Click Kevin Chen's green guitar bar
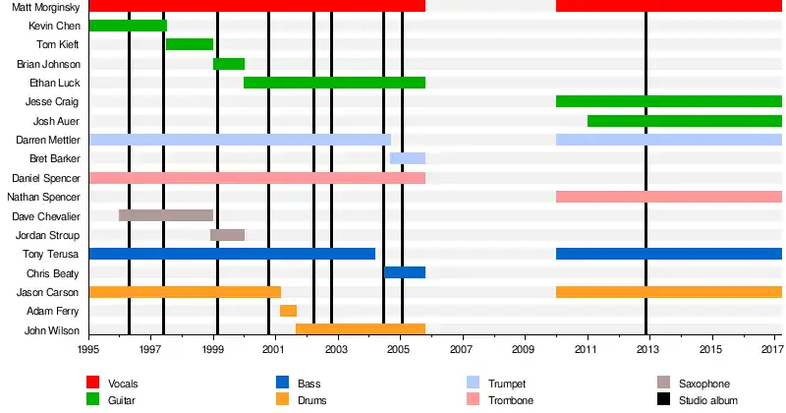(x=128, y=26)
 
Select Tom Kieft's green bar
(x=190, y=44)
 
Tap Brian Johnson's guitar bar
(x=229, y=64)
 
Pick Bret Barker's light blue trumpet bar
(x=408, y=158)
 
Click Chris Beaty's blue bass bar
(x=405, y=272)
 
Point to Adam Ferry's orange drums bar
(x=288, y=311)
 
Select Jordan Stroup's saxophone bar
(x=227, y=235)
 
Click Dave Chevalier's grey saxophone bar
(x=166, y=215)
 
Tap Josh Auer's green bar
(x=685, y=121)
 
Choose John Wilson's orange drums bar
(x=361, y=329)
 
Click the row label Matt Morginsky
(x=46, y=7)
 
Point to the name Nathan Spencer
(x=47, y=197)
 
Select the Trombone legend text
(x=515, y=401)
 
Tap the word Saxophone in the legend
(x=704, y=383)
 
